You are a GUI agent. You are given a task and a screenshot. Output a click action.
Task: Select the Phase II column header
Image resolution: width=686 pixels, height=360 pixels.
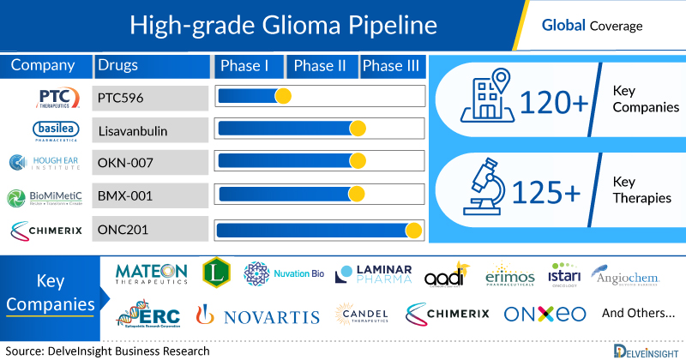(320, 66)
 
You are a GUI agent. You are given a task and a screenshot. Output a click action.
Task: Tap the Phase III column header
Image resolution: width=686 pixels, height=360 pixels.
(392, 66)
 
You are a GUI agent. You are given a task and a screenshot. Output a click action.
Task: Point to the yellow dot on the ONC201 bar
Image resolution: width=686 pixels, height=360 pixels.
(413, 230)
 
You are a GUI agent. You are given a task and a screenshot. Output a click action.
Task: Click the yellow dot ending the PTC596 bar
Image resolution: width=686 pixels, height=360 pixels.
(282, 96)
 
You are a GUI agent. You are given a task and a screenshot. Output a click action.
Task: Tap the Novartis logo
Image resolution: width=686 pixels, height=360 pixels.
(258, 315)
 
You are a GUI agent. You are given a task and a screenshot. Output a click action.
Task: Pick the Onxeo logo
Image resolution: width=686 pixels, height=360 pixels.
(545, 314)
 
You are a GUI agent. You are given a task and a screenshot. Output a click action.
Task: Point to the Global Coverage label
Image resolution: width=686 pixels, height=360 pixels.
(592, 26)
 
